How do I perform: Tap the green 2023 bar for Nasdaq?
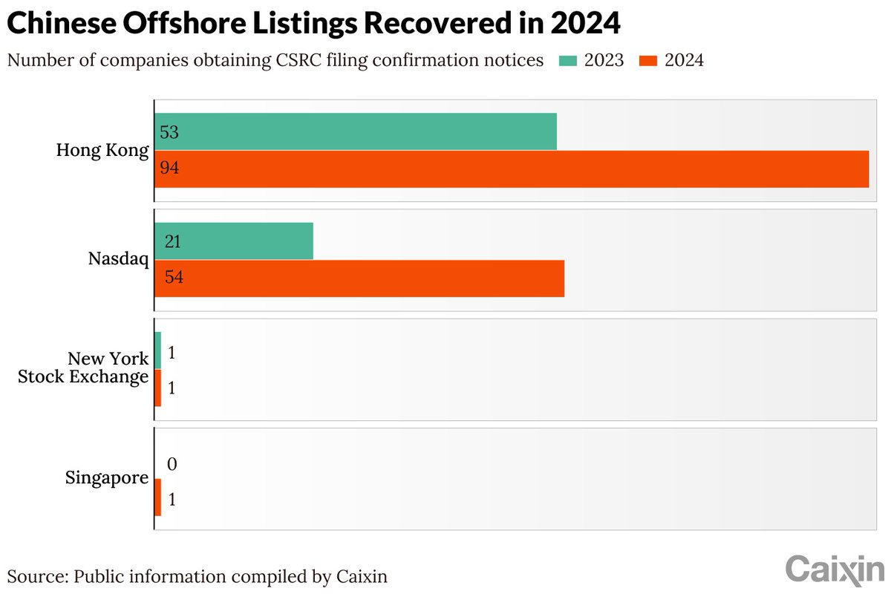234,241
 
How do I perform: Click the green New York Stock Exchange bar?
157,350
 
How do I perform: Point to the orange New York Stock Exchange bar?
157,388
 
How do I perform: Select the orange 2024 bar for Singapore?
157,497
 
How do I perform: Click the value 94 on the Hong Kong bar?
169,169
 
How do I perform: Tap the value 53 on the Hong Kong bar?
169,132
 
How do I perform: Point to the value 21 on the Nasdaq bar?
172,242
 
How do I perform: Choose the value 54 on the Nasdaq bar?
174,278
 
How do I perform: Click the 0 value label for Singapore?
172,465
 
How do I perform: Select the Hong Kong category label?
102,150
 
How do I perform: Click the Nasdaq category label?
118,260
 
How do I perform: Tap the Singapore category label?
107,478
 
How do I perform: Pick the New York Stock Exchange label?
83,368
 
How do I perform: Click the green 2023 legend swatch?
568,60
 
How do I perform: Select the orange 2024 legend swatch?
647,60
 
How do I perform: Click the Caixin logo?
835,569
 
